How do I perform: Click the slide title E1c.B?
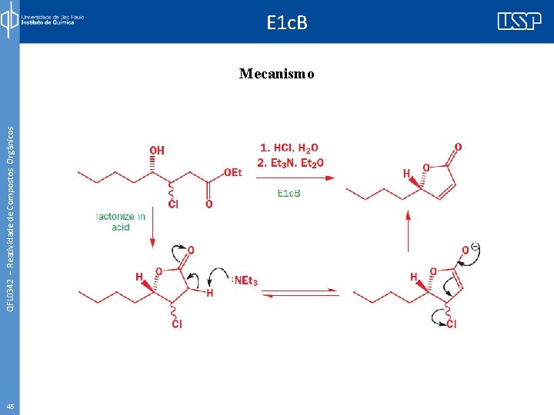pos(287,23)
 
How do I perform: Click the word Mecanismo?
pos(276,74)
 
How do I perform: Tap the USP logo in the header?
pos(519,22)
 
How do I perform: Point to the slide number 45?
pos(9,406)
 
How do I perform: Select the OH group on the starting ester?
pos(157,150)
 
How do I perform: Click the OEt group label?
pos(232,172)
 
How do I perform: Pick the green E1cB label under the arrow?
pos(289,193)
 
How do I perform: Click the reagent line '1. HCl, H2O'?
pos(289,148)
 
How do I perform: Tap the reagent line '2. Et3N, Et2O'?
pos(292,162)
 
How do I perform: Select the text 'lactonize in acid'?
pos(120,221)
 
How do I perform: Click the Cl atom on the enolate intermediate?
pos(451,324)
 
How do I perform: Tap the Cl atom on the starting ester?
pos(173,204)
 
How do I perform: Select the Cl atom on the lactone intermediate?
pos(177,324)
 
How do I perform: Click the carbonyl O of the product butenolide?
pos(459,147)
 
